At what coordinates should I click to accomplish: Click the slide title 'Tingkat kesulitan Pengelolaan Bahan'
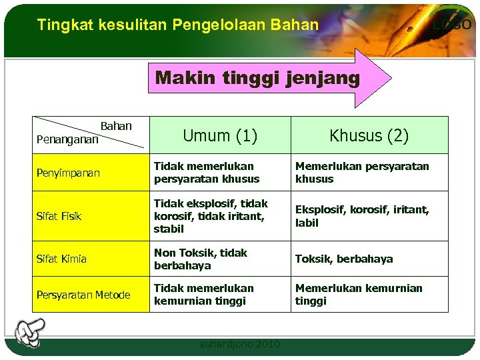pyautogui.click(x=178, y=25)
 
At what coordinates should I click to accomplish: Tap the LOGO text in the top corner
pyautogui.click(x=452, y=25)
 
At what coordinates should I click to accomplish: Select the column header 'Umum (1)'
pyautogui.click(x=219, y=136)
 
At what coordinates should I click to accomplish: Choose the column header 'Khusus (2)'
pyautogui.click(x=369, y=136)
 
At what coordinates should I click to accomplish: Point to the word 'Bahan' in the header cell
pyautogui.click(x=116, y=126)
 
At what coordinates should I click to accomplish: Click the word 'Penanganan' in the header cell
pyautogui.click(x=67, y=140)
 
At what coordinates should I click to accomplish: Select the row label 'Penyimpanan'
pyautogui.click(x=68, y=173)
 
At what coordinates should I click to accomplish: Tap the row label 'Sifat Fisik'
pyautogui.click(x=59, y=216)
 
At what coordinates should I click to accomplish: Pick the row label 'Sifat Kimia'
pyautogui.click(x=61, y=259)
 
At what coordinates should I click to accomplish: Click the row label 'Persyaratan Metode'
pyautogui.click(x=83, y=295)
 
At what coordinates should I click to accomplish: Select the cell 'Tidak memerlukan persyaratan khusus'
pyautogui.click(x=206, y=173)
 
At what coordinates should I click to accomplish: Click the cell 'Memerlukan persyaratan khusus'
pyautogui.click(x=362, y=173)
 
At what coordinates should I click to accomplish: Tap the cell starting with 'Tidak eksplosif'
pyautogui.click(x=211, y=216)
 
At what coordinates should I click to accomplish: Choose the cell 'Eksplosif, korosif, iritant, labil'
pyautogui.click(x=362, y=216)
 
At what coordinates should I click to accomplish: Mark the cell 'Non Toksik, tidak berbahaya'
pyautogui.click(x=200, y=259)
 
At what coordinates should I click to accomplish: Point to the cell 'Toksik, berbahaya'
pyautogui.click(x=344, y=259)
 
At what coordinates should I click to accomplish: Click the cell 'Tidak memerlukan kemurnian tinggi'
pyautogui.click(x=203, y=295)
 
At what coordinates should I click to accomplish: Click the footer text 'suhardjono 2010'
pyautogui.click(x=240, y=344)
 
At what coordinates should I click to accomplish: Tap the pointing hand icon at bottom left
pyautogui.click(x=30, y=332)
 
